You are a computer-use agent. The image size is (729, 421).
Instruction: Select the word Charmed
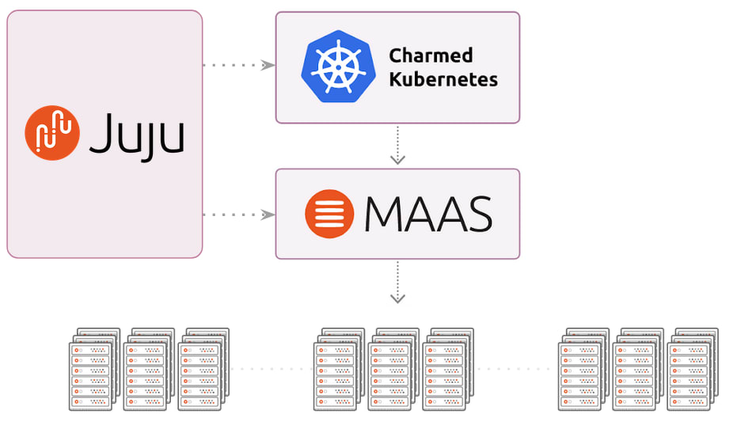(431, 55)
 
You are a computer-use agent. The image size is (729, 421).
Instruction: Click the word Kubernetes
(443, 79)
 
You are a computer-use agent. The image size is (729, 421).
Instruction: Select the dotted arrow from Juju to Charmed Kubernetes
(238, 65)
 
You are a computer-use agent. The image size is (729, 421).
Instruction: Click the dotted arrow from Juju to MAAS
(238, 214)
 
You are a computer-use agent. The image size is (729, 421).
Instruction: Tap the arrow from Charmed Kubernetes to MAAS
(398, 146)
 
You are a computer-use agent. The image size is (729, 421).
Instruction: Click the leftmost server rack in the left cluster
(93, 370)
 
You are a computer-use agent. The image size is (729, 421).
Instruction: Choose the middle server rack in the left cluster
(147, 370)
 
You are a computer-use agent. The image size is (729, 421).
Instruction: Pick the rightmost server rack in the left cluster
(202, 370)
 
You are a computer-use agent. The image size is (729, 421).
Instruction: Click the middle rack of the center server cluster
(393, 370)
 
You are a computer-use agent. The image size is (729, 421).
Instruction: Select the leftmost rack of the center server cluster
(338, 370)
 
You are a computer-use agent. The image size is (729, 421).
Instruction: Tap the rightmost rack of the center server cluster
(447, 370)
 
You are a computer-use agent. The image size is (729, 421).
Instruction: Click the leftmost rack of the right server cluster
(583, 370)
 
